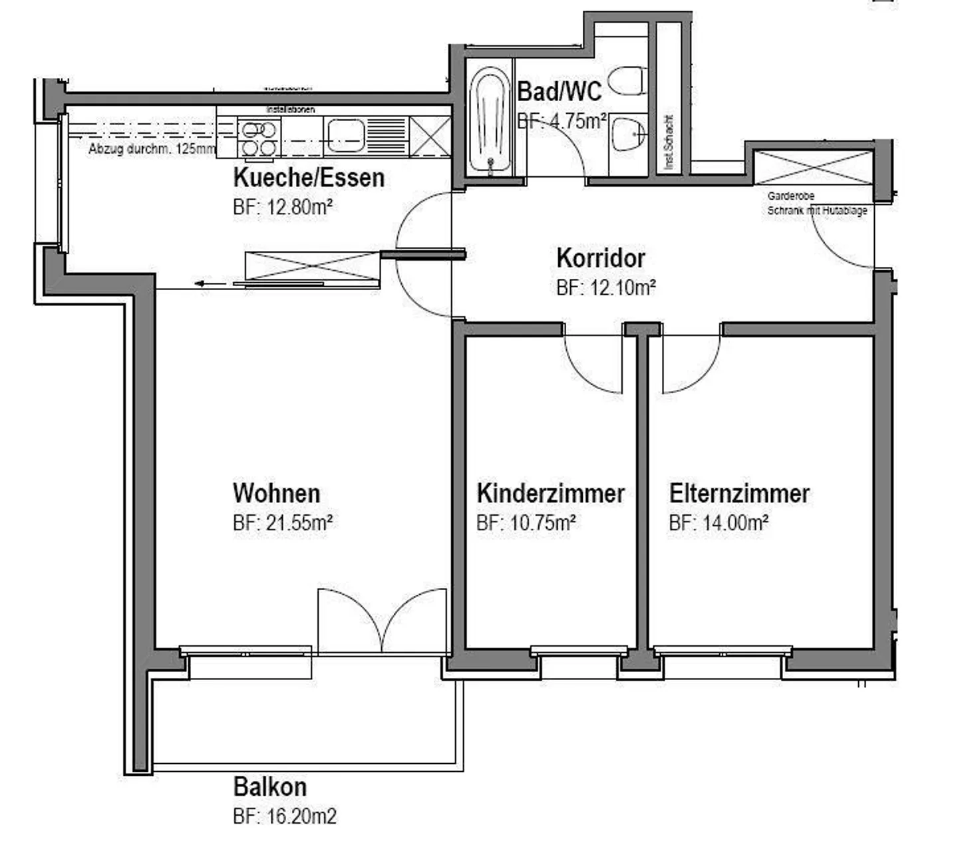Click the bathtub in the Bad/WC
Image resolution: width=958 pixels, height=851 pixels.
(x=490, y=119)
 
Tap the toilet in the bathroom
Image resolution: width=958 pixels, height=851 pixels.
(x=627, y=80)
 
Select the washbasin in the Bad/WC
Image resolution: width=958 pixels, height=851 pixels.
(x=627, y=134)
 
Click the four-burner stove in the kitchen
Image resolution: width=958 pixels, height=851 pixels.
(x=259, y=138)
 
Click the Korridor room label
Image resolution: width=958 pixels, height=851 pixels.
(x=600, y=258)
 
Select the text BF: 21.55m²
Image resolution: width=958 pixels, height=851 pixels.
(x=283, y=523)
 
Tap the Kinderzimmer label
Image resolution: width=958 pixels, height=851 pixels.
(x=550, y=494)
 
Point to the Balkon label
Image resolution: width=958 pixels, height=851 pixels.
(x=269, y=787)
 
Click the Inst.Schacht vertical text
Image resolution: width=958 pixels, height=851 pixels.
(x=669, y=142)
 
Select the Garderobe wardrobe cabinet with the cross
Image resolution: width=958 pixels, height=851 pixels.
(x=812, y=168)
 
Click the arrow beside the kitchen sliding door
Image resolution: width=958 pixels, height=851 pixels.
(x=206, y=284)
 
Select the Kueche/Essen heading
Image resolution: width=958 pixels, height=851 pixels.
(x=309, y=178)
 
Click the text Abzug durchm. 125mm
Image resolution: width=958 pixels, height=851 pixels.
(x=152, y=150)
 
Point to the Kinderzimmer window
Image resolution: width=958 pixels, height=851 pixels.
(x=579, y=651)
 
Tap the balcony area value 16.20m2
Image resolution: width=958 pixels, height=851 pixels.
(x=284, y=816)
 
